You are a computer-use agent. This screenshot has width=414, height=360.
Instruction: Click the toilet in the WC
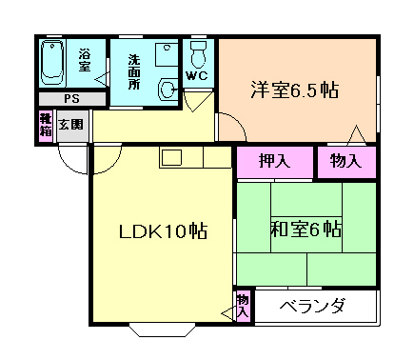pyautogui.click(x=199, y=52)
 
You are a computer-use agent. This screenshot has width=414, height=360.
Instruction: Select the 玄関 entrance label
pyautogui.click(x=70, y=123)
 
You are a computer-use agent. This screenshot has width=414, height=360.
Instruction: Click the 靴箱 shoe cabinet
pyautogui.click(x=45, y=124)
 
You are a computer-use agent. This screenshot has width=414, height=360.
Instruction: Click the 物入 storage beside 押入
pyautogui.click(x=346, y=161)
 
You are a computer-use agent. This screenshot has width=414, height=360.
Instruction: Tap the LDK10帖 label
pyautogui.click(x=163, y=231)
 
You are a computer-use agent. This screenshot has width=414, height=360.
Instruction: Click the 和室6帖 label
pyautogui.click(x=306, y=230)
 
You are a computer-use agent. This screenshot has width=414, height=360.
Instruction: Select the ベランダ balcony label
pyautogui.click(x=315, y=307)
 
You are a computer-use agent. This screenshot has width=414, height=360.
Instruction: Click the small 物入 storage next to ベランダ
pyautogui.click(x=243, y=305)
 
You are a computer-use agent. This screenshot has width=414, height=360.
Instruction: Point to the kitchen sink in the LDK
pyautogui.click(x=171, y=158)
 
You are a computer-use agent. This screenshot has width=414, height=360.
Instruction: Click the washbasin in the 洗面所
pyautogui.click(x=168, y=90)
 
